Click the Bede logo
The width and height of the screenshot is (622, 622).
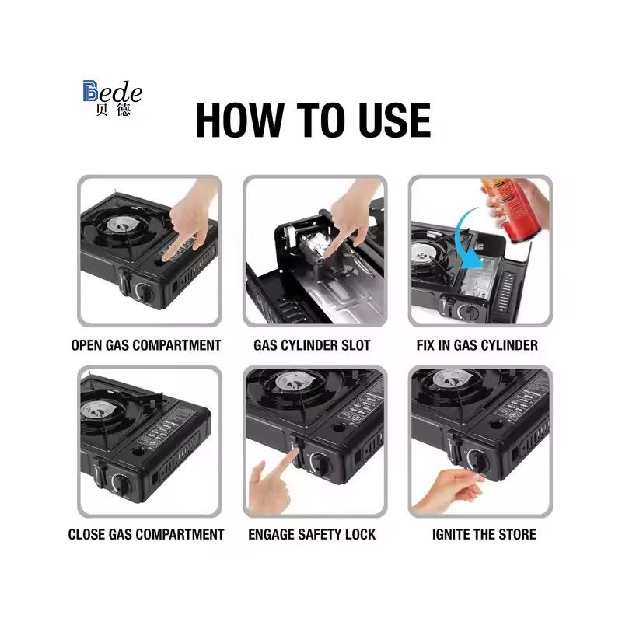112,98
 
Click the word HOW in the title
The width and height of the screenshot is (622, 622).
239,121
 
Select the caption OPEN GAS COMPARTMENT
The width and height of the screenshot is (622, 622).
146,345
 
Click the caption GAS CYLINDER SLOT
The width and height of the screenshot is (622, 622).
312,345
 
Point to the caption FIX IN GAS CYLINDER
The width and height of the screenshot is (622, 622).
477,345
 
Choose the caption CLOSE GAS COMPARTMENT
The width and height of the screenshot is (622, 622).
146,534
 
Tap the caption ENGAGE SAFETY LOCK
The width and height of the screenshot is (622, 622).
312,534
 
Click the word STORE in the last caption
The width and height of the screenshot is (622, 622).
517,534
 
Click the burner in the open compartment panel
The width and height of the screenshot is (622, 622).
121,225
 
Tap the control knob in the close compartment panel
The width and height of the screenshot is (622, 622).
121,484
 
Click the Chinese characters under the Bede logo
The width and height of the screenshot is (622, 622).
113,110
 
